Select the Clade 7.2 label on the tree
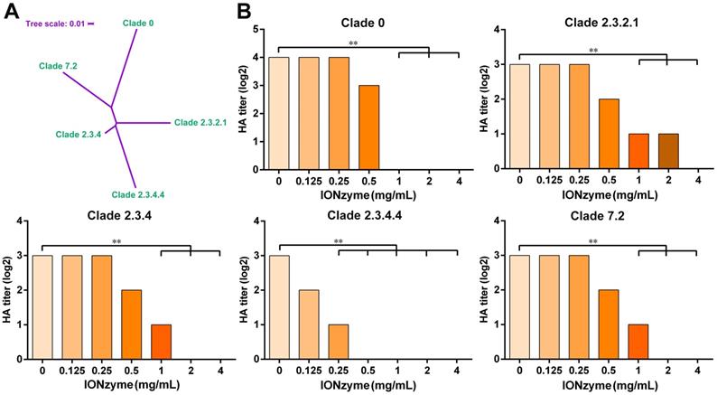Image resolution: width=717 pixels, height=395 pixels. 59,66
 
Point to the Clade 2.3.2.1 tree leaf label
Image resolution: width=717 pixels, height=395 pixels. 203,122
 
